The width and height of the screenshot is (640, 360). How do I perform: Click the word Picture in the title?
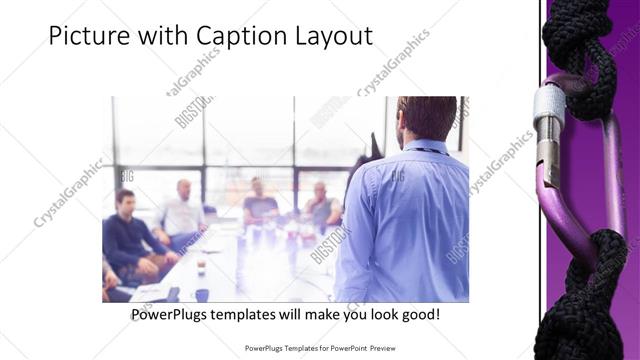[88, 37]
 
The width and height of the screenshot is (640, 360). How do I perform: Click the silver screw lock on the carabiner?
[548, 125]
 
